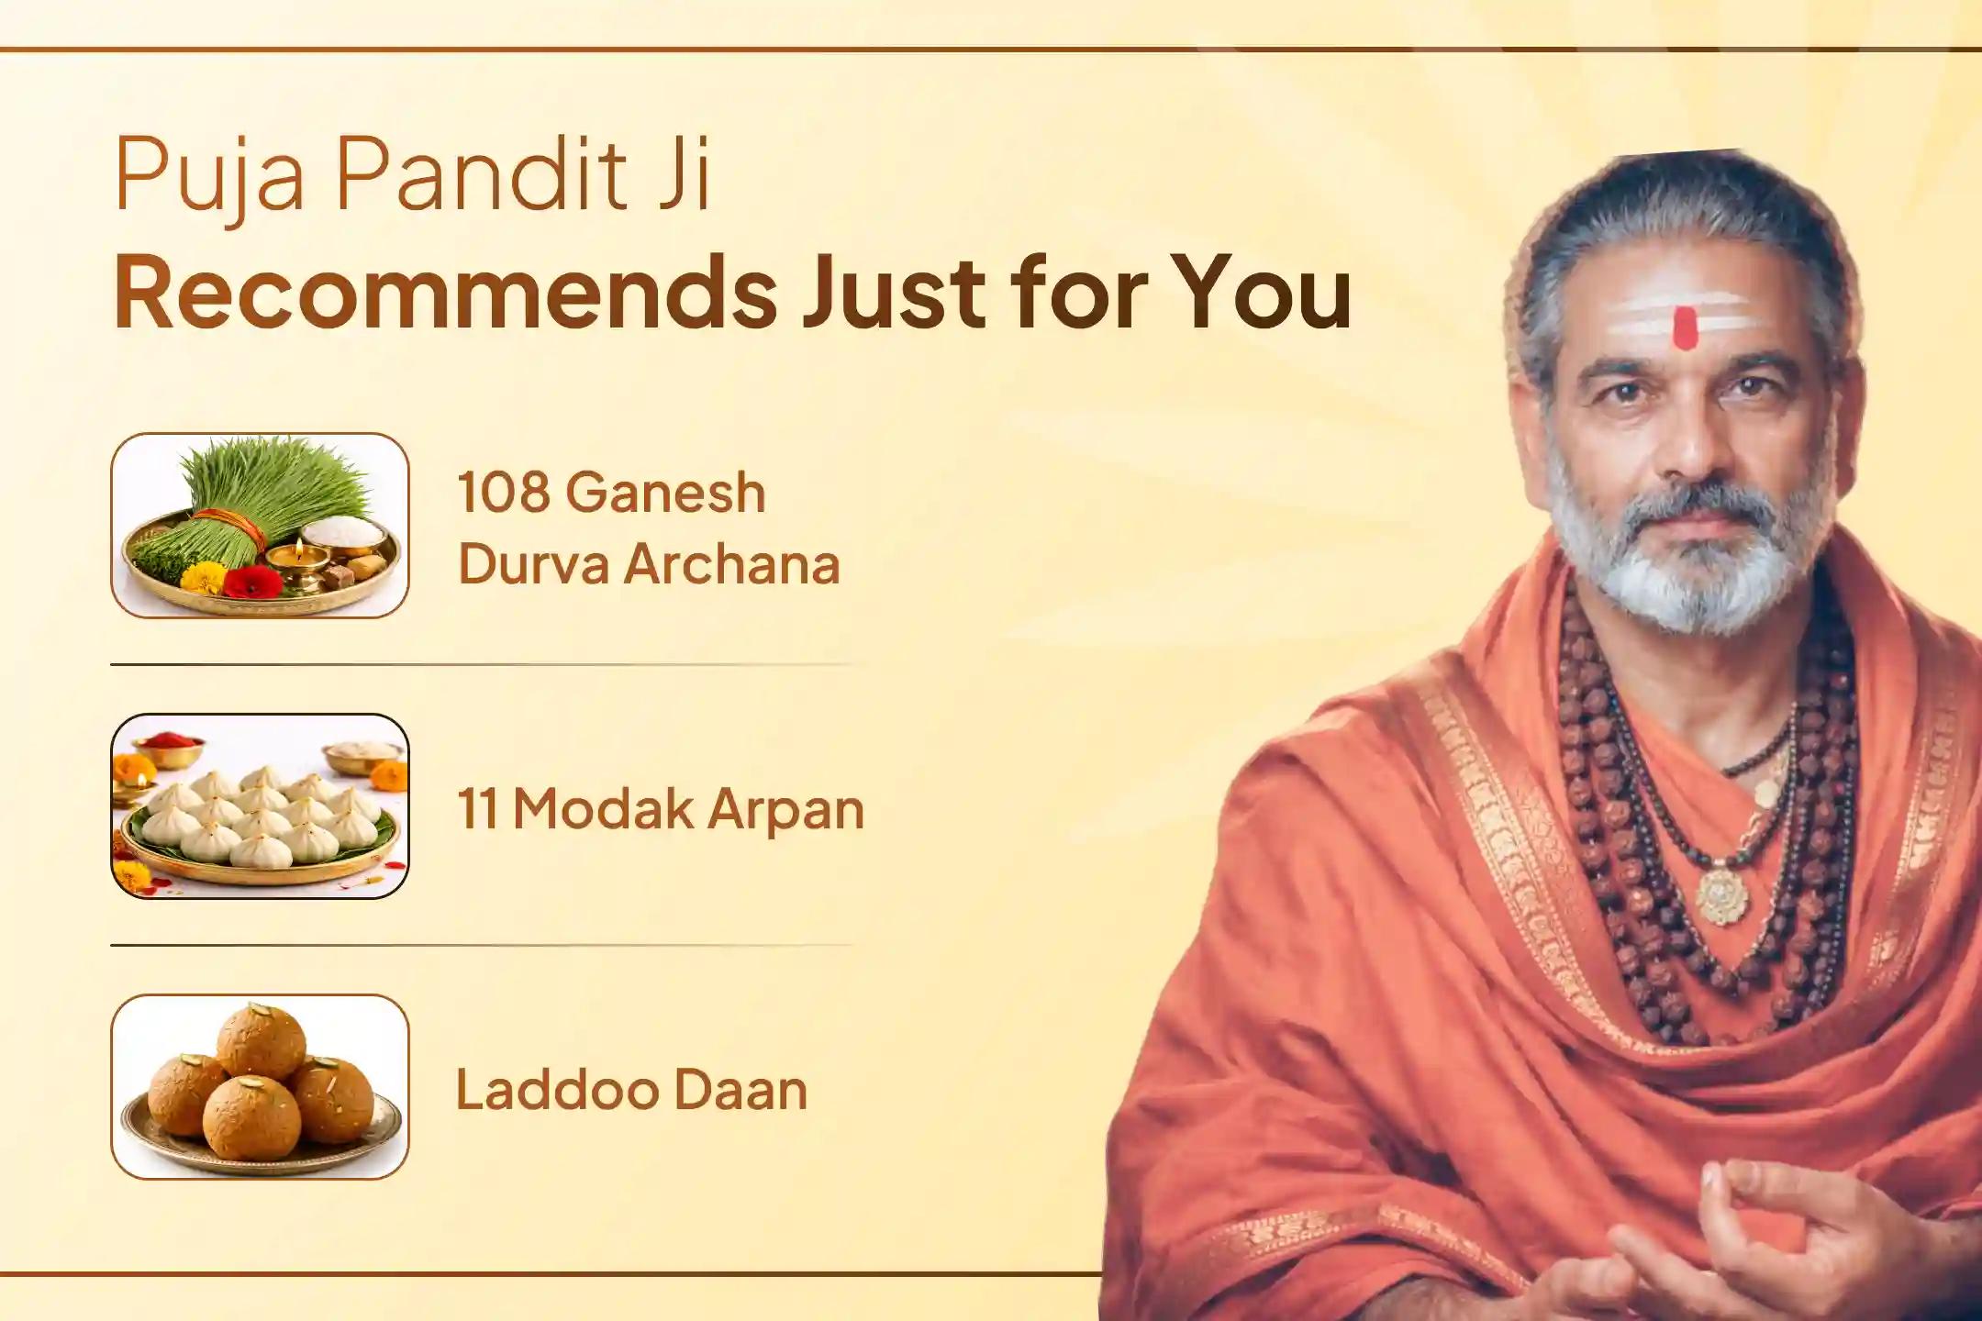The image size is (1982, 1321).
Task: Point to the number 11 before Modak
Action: click(x=477, y=809)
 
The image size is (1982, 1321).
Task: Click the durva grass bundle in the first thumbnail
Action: click(x=239, y=500)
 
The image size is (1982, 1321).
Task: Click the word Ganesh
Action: click(x=664, y=493)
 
